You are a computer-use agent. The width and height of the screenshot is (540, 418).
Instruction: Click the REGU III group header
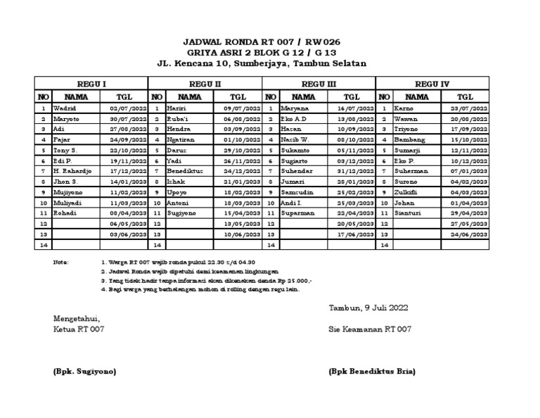coord(319,84)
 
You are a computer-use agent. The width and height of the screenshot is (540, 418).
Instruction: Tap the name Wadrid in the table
coord(64,109)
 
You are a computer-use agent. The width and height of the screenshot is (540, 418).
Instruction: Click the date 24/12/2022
coord(242,171)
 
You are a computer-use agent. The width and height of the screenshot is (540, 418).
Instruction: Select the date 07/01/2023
coord(469,171)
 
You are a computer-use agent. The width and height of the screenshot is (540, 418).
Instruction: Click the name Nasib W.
coord(295,140)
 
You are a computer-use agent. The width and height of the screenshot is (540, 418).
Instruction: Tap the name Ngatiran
coord(181,140)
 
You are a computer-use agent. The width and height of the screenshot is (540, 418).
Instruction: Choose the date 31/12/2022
coord(356,171)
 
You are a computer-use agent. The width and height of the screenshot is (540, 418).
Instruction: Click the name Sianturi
coord(408,213)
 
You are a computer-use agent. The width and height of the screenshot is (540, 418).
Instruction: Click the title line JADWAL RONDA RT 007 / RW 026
coord(261,42)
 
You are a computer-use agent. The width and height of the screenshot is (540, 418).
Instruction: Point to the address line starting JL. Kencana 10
coord(261,63)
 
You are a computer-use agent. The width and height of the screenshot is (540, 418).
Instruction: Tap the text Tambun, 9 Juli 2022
coord(368,308)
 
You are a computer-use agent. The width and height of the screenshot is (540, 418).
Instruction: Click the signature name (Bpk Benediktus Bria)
coord(372,371)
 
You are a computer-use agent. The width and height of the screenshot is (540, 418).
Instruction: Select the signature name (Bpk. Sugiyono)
coord(85,371)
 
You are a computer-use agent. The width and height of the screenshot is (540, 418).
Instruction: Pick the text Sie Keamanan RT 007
coord(370,329)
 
